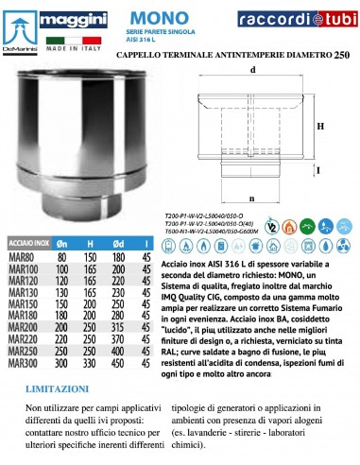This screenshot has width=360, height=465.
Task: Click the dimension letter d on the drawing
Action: (254, 69)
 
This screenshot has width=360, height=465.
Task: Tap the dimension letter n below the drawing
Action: (254, 200)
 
